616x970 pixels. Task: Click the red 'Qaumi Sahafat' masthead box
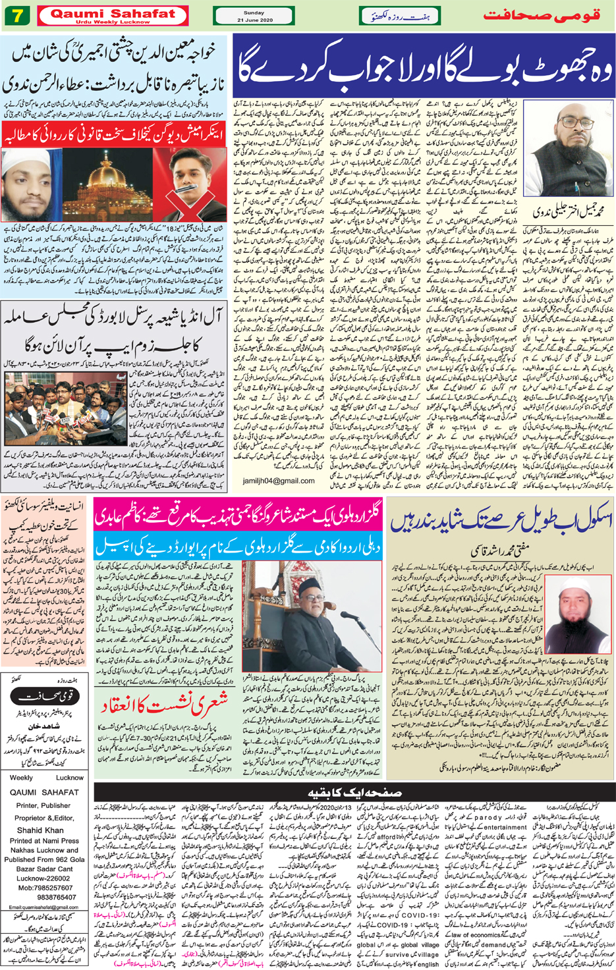pos(113,15)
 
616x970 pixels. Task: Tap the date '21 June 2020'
pos(253,20)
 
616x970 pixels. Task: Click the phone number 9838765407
pos(57,896)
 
